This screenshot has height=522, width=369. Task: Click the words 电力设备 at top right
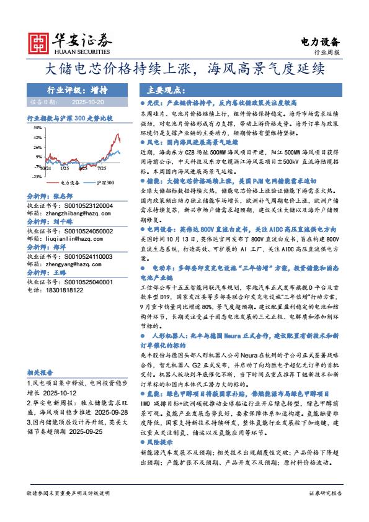320,42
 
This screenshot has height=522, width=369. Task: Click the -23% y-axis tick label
37,176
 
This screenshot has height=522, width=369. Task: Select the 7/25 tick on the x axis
100,168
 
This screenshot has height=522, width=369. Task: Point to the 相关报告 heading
40,372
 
